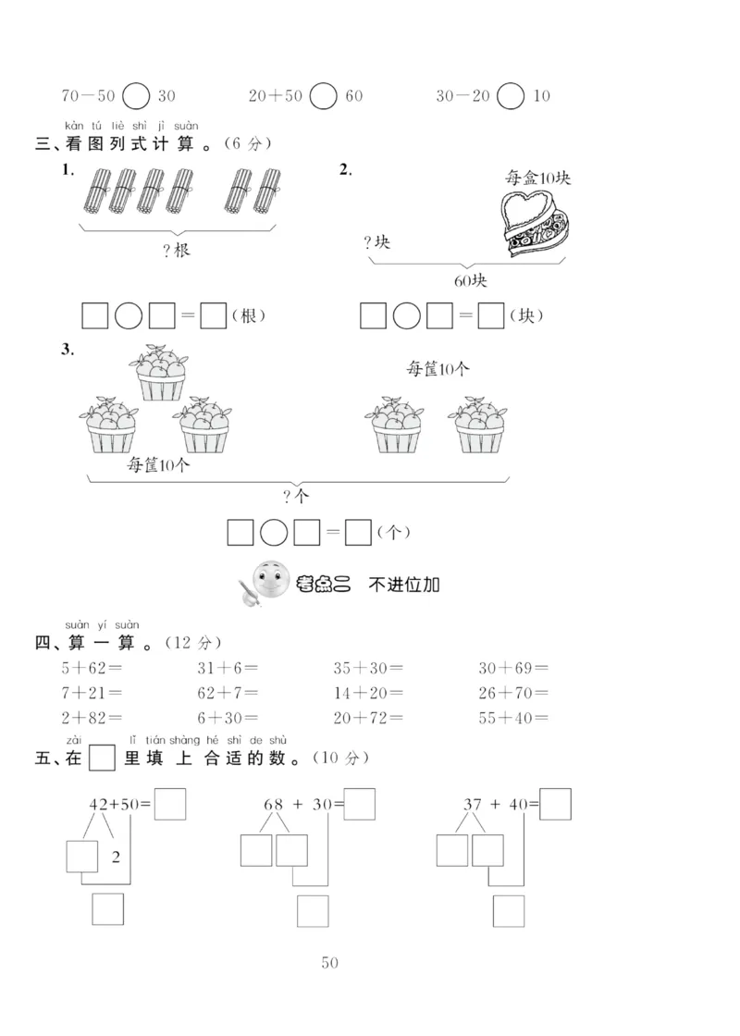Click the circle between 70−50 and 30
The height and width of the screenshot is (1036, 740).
[136, 96]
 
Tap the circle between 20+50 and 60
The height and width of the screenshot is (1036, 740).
[323, 96]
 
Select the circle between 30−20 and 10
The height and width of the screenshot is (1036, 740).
[511, 96]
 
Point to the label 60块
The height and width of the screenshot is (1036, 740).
[468, 280]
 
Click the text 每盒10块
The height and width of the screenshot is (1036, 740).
[538, 178]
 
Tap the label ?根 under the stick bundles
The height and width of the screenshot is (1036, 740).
[175, 251]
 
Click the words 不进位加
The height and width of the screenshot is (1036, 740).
[404, 584]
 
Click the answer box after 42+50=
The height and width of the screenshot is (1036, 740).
[170, 804]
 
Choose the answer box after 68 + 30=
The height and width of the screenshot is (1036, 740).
[360, 804]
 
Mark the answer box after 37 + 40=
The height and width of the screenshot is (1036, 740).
[555, 804]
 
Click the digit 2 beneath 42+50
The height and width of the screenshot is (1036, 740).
[116, 857]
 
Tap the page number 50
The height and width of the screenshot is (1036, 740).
[330, 963]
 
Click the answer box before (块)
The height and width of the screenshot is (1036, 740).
[492, 316]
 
